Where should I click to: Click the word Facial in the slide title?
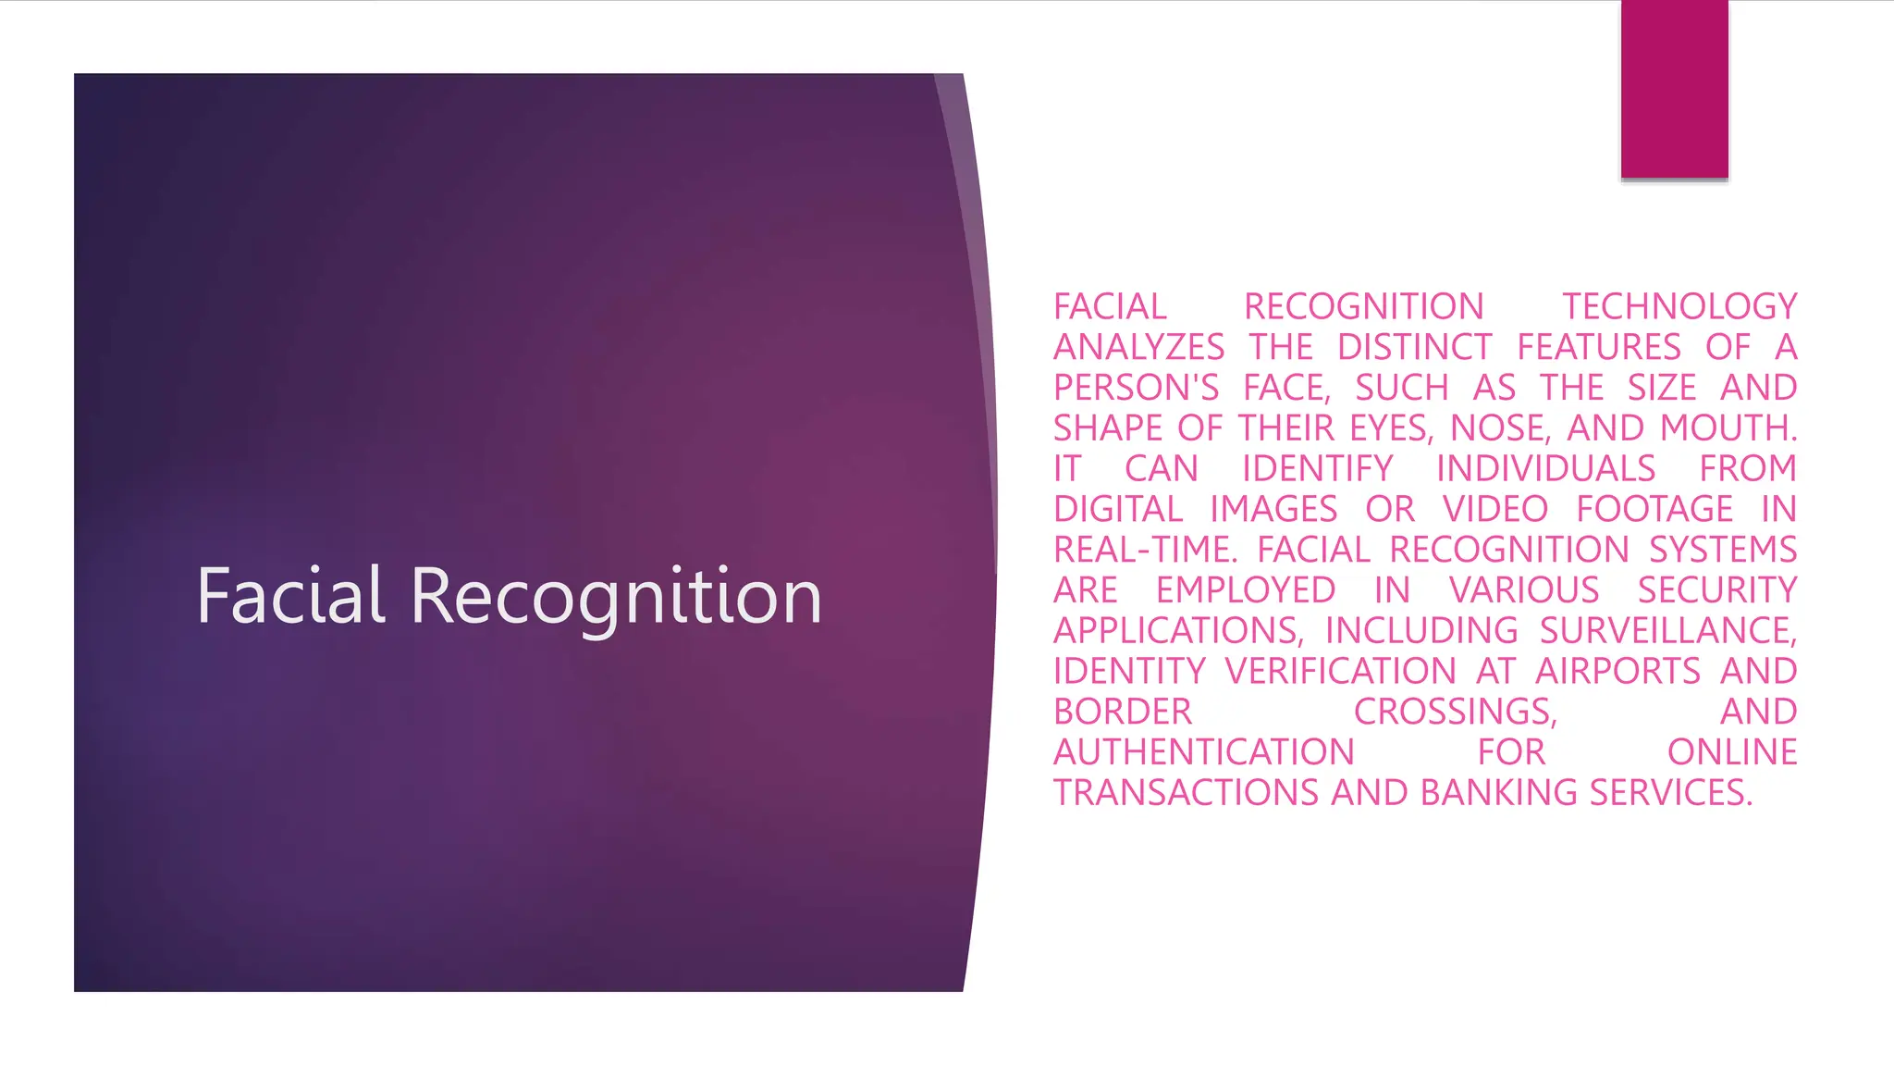tap(290, 596)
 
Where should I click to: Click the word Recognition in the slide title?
tap(616, 598)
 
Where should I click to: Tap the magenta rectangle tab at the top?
tap(1674, 89)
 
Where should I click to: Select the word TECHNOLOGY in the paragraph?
tap(1679, 306)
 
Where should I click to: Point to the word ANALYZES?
tap(1138, 347)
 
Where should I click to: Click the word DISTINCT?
tap(1414, 347)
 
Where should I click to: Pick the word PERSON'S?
tap(1136, 388)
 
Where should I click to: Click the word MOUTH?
tap(1728, 428)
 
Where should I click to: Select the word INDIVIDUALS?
tap(1545, 468)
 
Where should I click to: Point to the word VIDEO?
tap(1494, 509)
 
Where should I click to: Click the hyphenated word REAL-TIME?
tap(1144, 550)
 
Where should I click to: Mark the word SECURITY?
tap(1717, 590)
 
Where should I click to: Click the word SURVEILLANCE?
tap(1667, 630)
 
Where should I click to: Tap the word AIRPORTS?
tap(1617, 671)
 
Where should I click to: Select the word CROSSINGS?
tap(1455, 712)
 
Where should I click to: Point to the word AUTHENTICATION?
tap(1203, 752)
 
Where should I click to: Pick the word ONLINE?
tap(1732, 752)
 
